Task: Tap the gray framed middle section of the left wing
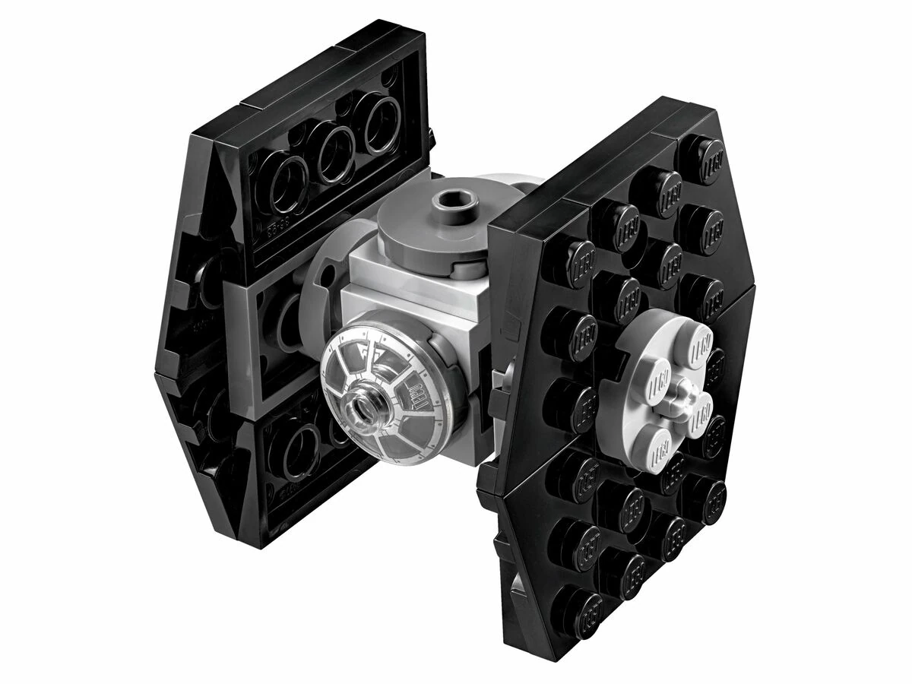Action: (266, 334)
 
